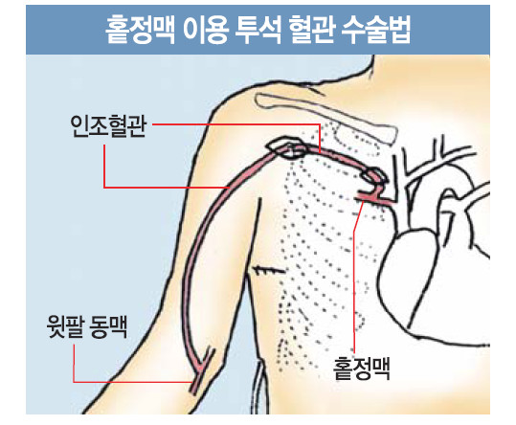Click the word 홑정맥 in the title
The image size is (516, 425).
(x=141, y=30)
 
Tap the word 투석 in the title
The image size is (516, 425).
(x=259, y=30)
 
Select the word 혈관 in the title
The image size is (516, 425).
(x=313, y=30)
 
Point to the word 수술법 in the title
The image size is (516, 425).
(x=377, y=30)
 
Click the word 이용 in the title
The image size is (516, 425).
(x=206, y=30)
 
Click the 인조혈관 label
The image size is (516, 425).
(x=108, y=126)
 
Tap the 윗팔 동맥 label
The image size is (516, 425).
(x=87, y=326)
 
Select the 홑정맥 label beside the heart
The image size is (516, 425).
(x=361, y=369)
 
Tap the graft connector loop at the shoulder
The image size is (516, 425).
(x=287, y=147)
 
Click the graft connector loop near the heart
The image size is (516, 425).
(x=372, y=174)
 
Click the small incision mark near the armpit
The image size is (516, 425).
(x=267, y=270)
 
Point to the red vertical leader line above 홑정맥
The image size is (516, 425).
(x=354, y=277)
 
